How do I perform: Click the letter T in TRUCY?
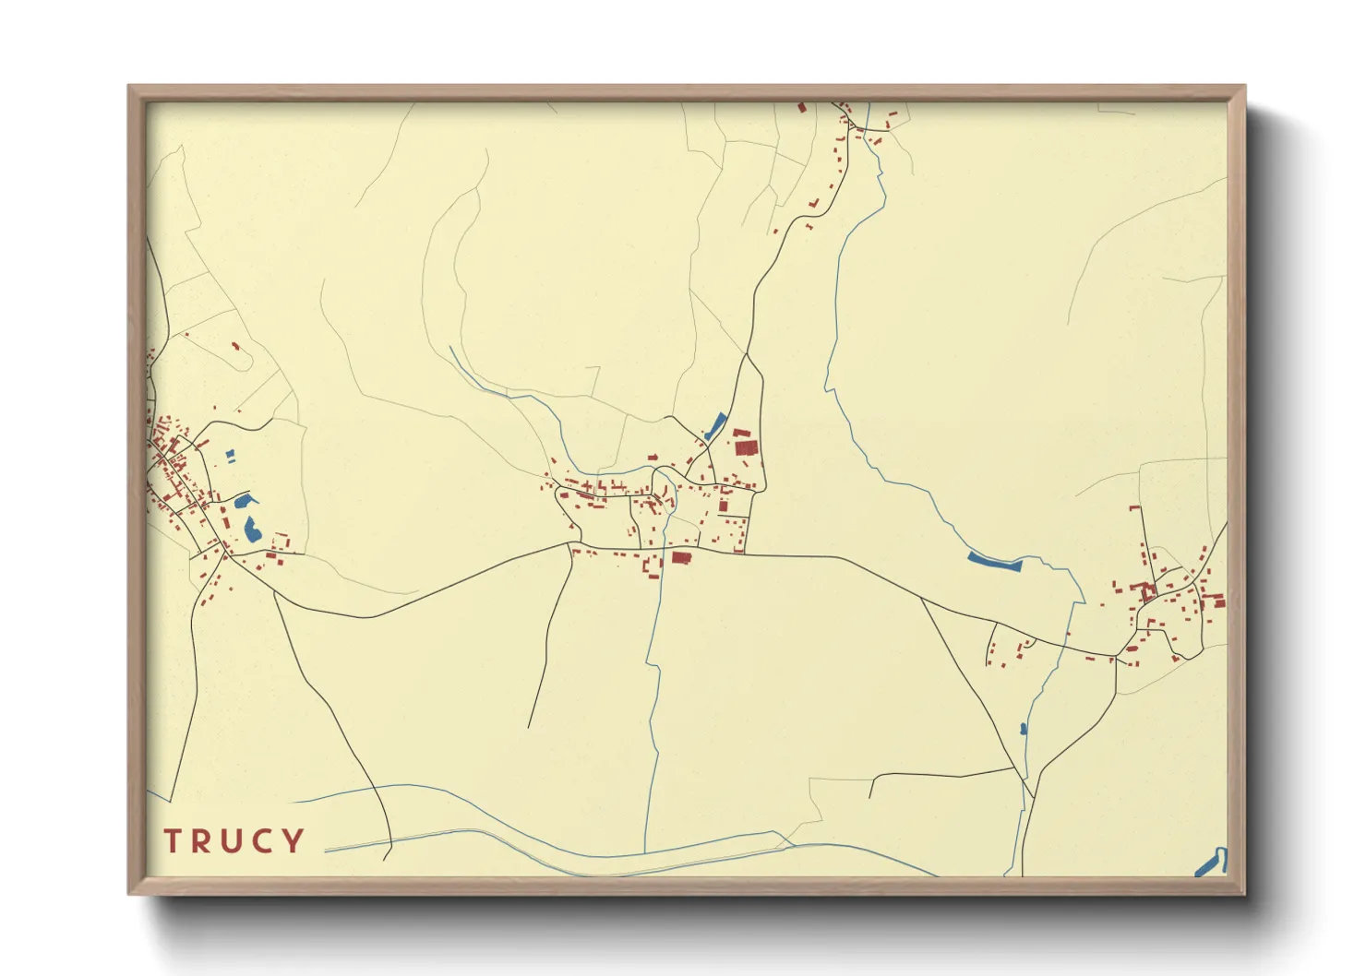pos(173,841)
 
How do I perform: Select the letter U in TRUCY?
pos(233,841)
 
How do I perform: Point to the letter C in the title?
pos(264,841)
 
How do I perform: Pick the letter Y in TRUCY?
pos(294,841)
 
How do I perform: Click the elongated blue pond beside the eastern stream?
pos(994,560)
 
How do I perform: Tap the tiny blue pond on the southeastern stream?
pos(1023,729)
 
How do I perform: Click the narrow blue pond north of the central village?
pos(715,425)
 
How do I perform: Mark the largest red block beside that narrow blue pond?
pos(746,447)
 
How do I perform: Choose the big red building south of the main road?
pos(681,557)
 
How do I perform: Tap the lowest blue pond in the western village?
pos(250,530)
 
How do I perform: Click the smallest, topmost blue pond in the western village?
pos(230,455)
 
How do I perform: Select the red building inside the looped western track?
pos(234,347)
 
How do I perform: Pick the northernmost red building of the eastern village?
pos(1133,507)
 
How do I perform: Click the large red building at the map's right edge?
pos(1217,602)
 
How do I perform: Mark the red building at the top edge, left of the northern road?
pos(802,108)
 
